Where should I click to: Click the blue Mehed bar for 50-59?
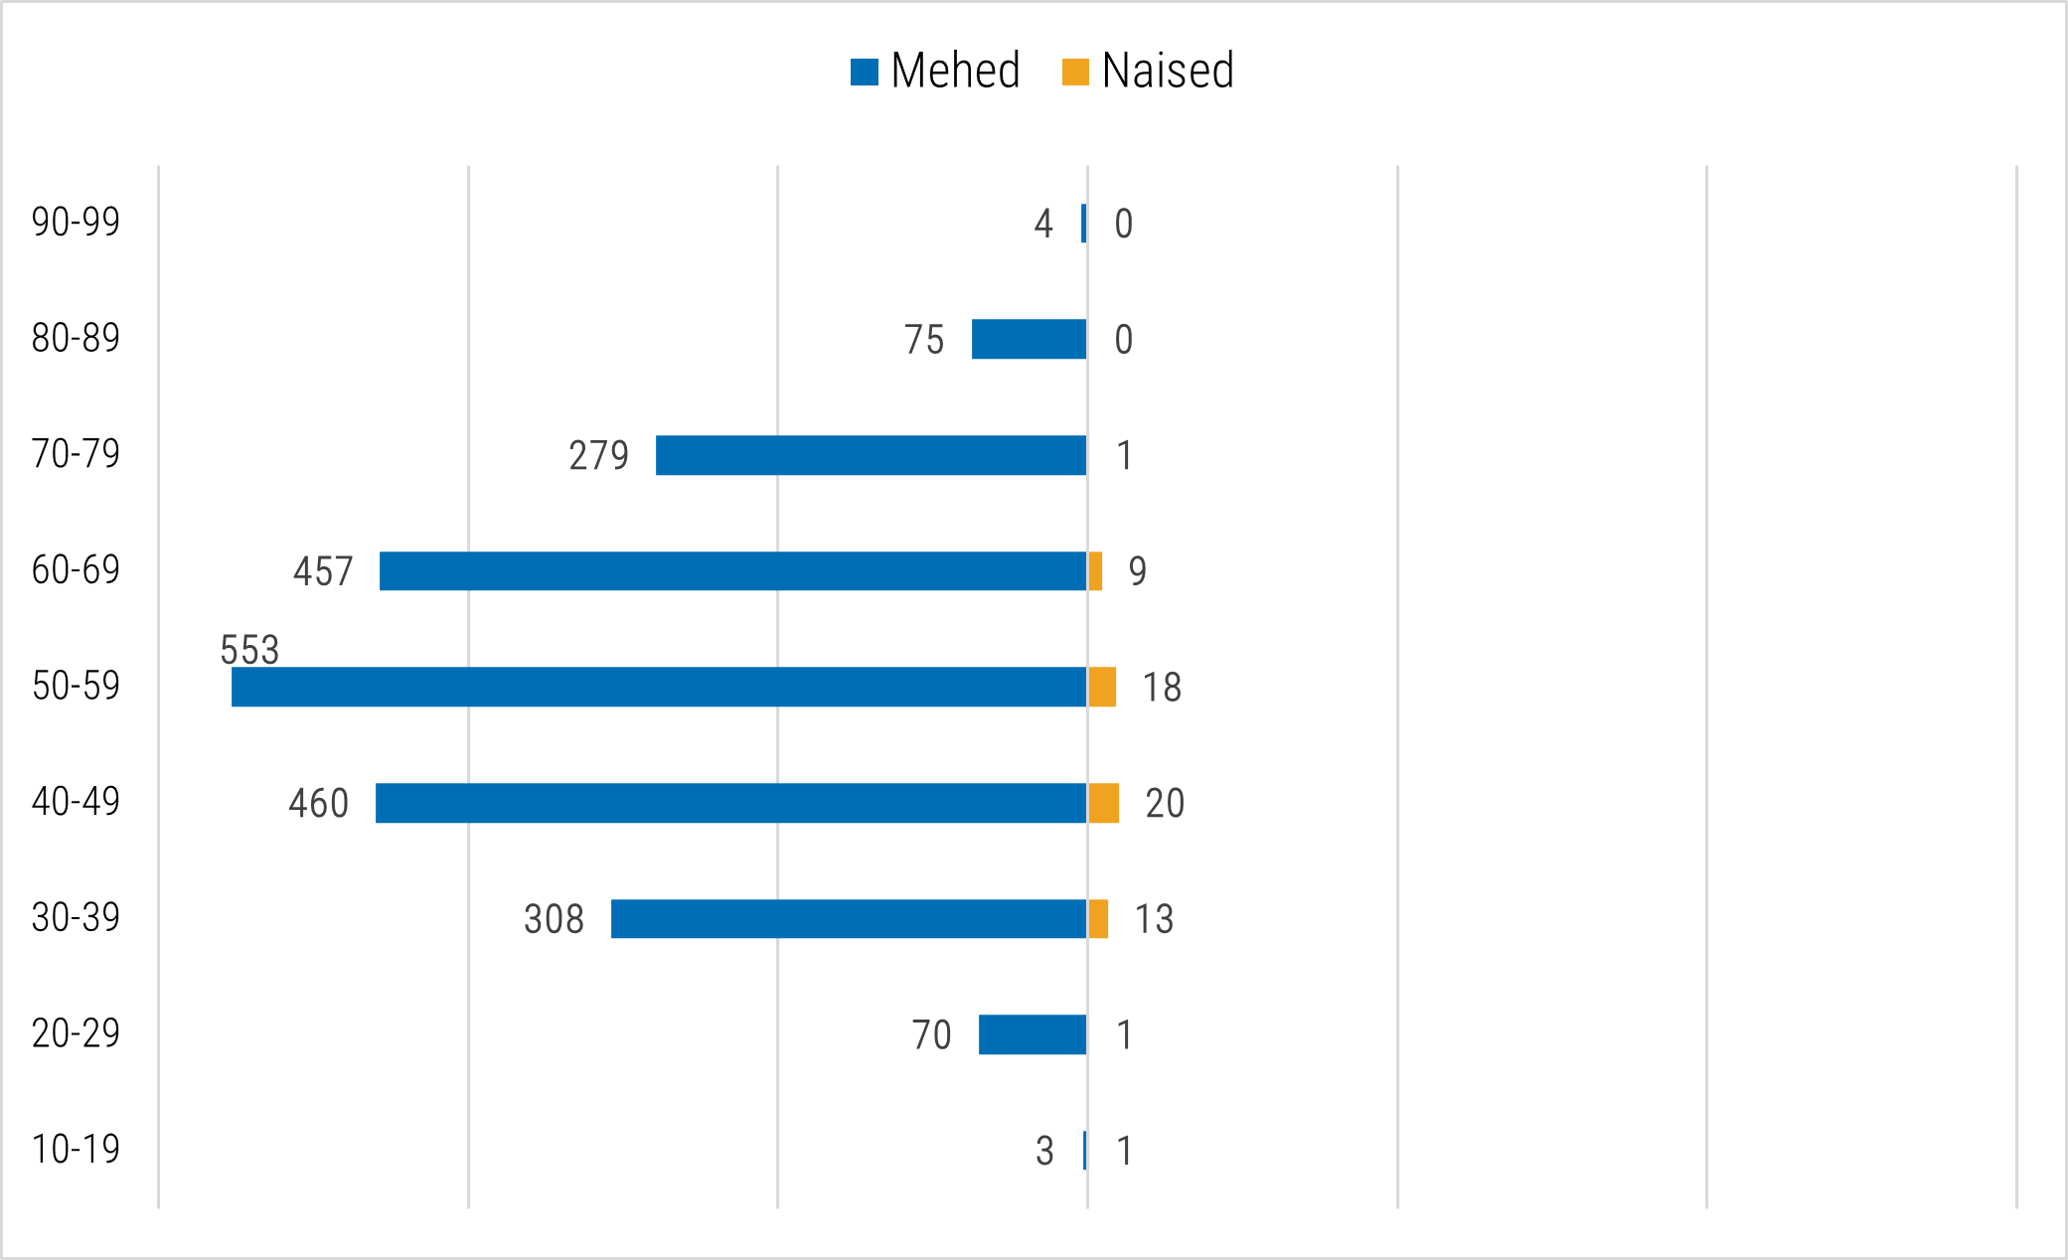(x=659, y=687)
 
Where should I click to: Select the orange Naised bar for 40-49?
(x=1103, y=803)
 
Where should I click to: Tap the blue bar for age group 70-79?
(x=871, y=455)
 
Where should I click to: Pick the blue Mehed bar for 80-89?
(x=1029, y=339)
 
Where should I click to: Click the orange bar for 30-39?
(x=1098, y=919)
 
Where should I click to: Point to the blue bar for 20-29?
(x=1033, y=1034)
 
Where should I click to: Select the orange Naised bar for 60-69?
(x=1095, y=571)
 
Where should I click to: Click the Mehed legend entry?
(x=935, y=71)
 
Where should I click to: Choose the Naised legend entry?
(x=1148, y=71)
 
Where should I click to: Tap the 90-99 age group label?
(x=76, y=222)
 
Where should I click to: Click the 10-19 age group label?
(x=76, y=1150)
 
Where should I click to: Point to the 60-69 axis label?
(x=76, y=570)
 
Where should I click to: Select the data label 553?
(x=249, y=650)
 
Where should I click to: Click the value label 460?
(x=318, y=803)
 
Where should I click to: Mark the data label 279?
(x=598, y=455)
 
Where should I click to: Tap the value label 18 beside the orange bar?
(x=1162, y=688)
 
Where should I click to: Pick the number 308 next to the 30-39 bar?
(x=554, y=919)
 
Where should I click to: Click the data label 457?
(x=323, y=571)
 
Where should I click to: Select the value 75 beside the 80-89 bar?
(x=924, y=340)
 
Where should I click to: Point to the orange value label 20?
(x=1165, y=803)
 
